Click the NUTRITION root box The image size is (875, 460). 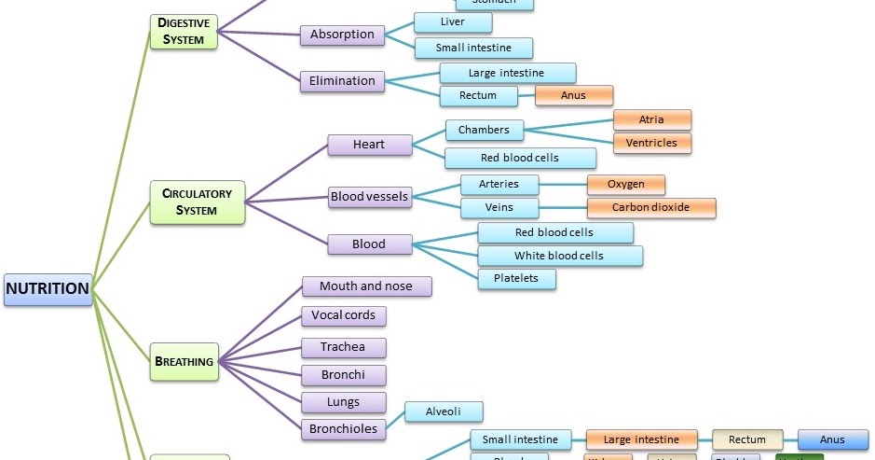(x=48, y=288)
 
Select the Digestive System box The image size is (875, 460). (x=184, y=31)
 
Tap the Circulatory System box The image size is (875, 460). (x=197, y=202)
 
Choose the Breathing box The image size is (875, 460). (x=184, y=361)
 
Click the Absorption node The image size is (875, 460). (x=342, y=35)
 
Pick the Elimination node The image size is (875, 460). (x=342, y=81)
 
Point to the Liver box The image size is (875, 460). (x=453, y=22)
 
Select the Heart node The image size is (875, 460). (x=369, y=145)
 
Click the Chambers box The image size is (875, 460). (x=484, y=130)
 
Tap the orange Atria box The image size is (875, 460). (x=651, y=119)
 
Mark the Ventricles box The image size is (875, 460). (x=651, y=143)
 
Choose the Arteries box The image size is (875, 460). (x=499, y=184)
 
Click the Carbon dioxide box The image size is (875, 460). (x=650, y=207)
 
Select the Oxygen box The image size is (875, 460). (x=625, y=184)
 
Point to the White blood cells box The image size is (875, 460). (x=559, y=256)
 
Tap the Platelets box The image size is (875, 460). (x=516, y=278)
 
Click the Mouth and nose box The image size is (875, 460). (x=365, y=286)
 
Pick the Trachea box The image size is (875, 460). (x=343, y=347)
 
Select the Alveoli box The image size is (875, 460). (x=443, y=411)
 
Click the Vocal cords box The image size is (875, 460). (x=343, y=316)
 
